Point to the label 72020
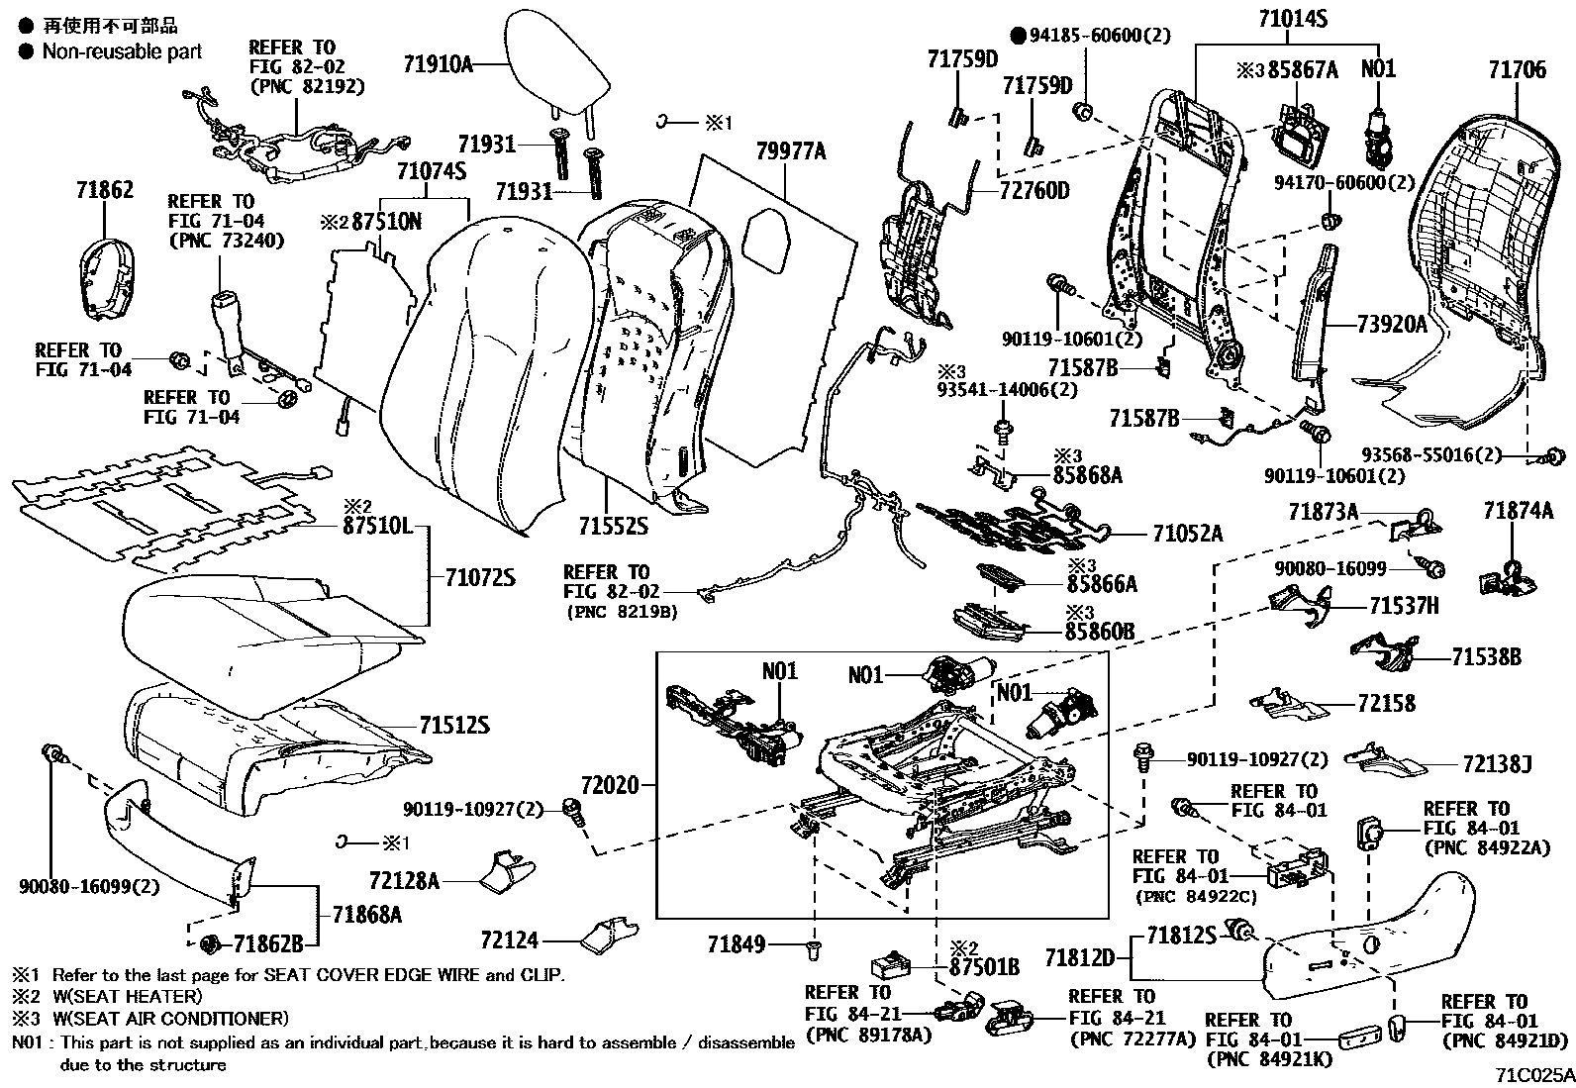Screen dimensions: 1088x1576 pyautogui.click(x=612, y=787)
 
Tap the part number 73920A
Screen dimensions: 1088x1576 pyautogui.click(x=1392, y=323)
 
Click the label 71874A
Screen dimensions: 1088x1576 pyautogui.click(x=1518, y=511)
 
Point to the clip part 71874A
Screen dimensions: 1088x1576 pyautogui.click(x=1507, y=580)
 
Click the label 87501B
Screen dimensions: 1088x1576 pyautogui.click(x=984, y=965)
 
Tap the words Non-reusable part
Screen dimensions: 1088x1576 pyautogui.click(x=121, y=51)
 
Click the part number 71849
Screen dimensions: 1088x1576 pyautogui.click(x=737, y=945)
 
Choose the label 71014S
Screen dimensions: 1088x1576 pyautogui.click(x=1292, y=18)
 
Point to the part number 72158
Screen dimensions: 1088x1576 pyautogui.click(x=1386, y=704)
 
